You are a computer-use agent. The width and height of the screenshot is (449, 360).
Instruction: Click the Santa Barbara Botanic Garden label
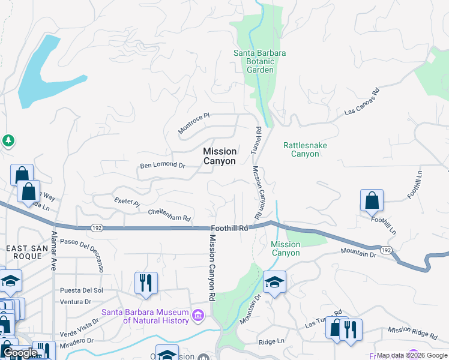[x=259, y=61]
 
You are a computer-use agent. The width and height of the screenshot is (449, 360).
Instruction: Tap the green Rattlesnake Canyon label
[x=301, y=149]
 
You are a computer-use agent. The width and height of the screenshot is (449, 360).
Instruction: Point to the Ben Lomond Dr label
[x=162, y=164]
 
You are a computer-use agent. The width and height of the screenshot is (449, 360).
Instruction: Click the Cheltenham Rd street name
[x=169, y=214]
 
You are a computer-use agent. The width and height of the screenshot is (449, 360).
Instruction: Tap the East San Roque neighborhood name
[x=24, y=252]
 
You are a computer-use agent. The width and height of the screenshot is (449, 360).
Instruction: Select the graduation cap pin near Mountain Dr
[x=274, y=281]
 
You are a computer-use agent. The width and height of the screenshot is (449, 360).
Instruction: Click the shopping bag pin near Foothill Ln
[x=372, y=200]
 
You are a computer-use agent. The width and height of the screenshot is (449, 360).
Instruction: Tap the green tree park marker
[x=7, y=141]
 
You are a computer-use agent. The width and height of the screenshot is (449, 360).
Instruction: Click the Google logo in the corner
[x=20, y=353]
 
